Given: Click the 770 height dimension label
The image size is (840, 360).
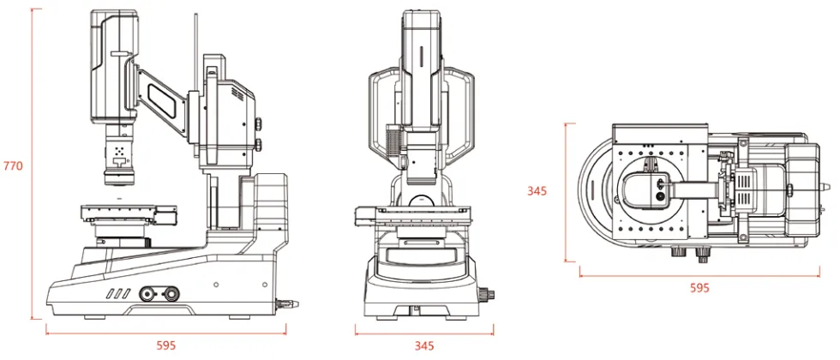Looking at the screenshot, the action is pyautogui.click(x=13, y=166).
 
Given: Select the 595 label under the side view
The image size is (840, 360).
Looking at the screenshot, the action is pyautogui.click(x=166, y=345).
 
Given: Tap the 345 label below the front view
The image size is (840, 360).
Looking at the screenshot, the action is pyautogui.click(x=424, y=345).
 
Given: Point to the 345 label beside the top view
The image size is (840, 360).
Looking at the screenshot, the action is pyautogui.click(x=537, y=190).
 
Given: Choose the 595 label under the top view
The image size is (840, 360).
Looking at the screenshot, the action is pyautogui.click(x=699, y=288).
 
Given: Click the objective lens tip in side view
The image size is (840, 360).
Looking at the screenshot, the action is pyautogui.click(x=117, y=180).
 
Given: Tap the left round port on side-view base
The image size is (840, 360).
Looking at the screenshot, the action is pyautogui.click(x=147, y=293).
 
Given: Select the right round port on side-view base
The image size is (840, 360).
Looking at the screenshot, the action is pyautogui.click(x=171, y=293).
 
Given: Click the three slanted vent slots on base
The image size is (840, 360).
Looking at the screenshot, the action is pyautogui.click(x=117, y=293).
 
